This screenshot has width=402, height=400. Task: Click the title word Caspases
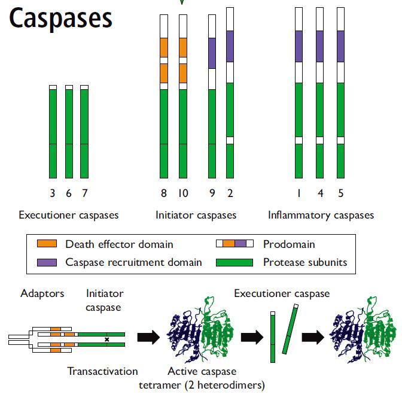[60, 18]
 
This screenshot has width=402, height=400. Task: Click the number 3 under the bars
[53, 193]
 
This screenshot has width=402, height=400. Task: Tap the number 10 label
[183, 193]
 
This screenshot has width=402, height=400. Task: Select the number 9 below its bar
[212, 193]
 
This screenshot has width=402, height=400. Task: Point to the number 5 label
[341, 193]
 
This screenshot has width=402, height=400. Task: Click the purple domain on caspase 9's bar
[212, 53]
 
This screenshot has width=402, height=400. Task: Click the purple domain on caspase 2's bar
[230, 46]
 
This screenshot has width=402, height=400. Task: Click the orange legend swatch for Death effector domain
[47, 244]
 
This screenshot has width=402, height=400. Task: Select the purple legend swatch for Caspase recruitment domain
[47, 262]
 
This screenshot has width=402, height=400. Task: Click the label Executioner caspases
[69, 215]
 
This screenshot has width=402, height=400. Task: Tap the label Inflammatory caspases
[321, 215]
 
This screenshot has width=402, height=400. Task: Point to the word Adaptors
[42, 293]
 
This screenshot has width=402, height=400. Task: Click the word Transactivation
[102, 371]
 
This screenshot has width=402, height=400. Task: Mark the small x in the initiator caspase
[107, 340]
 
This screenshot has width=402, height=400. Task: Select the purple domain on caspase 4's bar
[320, 46]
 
